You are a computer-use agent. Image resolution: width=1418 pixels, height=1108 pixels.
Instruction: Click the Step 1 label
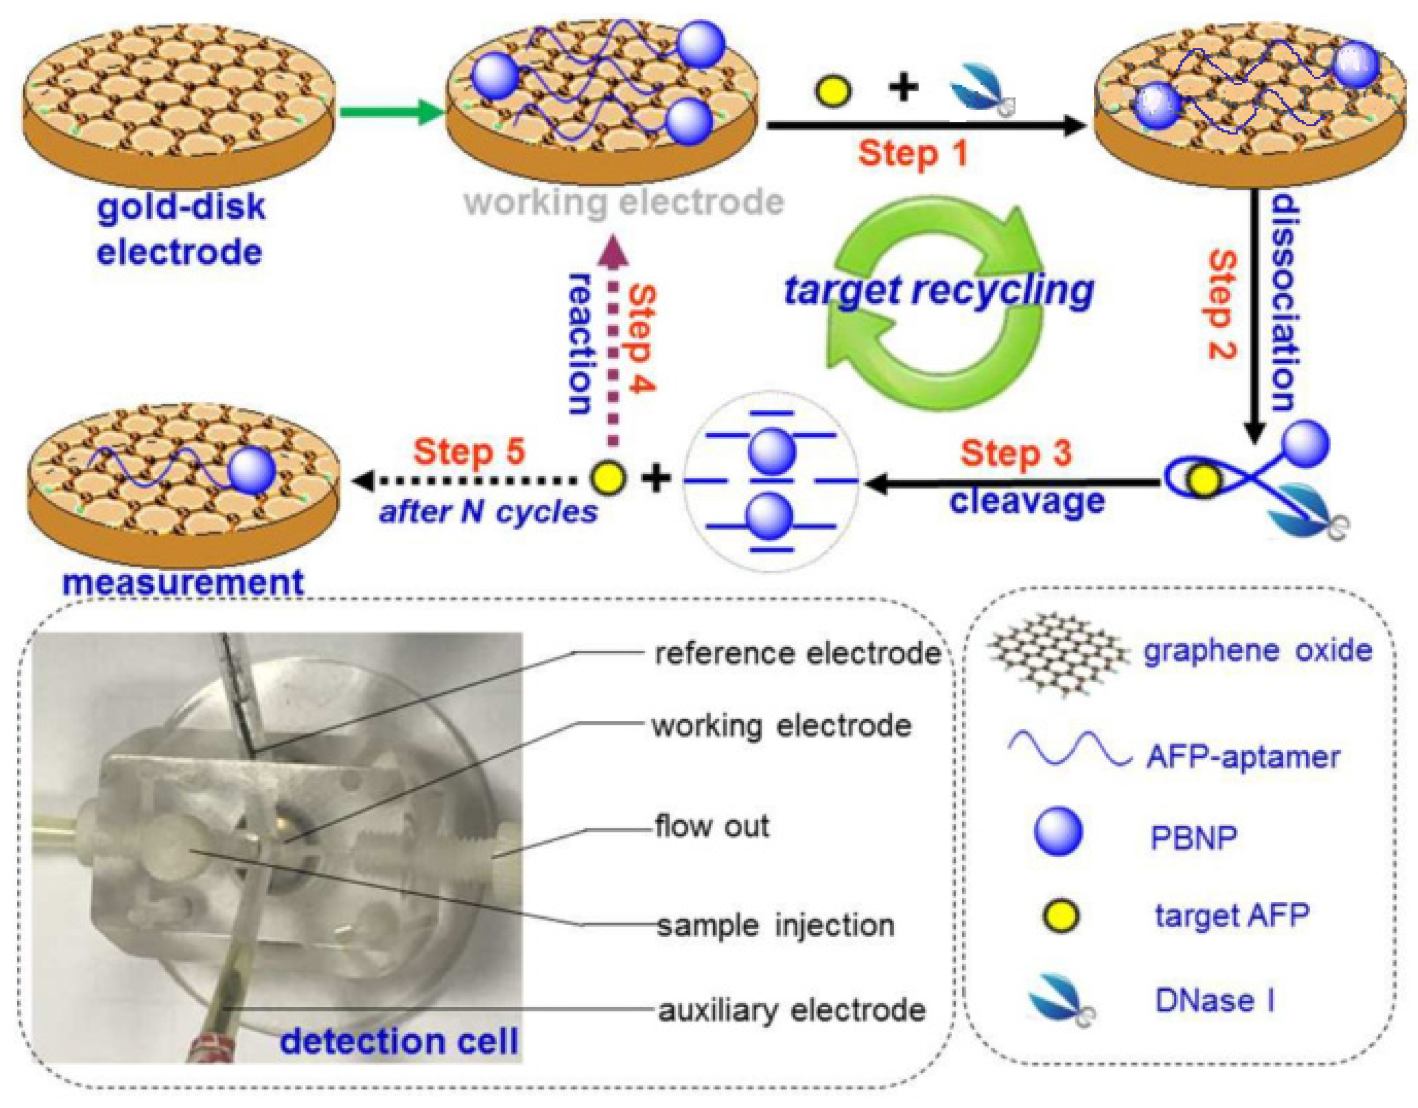[912, 153]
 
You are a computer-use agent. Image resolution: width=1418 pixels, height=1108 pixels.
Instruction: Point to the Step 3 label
[1016, 453]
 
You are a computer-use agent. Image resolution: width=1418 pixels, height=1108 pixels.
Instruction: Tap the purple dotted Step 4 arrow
[612, 344]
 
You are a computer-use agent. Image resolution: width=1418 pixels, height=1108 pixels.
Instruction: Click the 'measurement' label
[183, 582]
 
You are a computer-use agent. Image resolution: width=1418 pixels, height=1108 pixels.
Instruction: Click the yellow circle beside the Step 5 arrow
[608, 479]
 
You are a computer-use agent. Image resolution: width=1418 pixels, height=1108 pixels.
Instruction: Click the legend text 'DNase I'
[1214, 1000]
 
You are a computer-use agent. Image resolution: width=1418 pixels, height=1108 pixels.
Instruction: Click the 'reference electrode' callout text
[797, 653]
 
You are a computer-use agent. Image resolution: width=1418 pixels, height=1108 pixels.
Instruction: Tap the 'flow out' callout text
[712, 826]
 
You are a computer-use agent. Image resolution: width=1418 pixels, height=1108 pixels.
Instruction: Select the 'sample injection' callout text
[775, 925]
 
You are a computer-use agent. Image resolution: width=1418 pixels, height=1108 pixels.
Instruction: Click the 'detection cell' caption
[399, 1042]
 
